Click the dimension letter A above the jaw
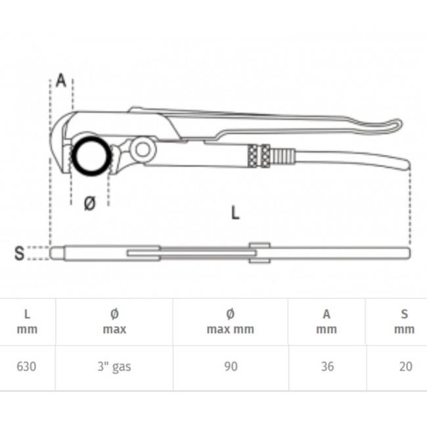pos(61,81)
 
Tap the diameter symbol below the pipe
pos(90,203)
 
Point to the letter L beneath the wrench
pos(235,213)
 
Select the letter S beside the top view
pos(19,253)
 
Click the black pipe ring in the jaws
pos(91,156)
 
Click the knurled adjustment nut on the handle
pos(259,156)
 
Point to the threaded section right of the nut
pos(283,156)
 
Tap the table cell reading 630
pos(26,367)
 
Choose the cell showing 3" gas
pos(114,367)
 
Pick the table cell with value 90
pos(231,367)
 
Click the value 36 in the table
pos(327,367)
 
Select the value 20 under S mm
pos(406,367)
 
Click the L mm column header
pos(27,322)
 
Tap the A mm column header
pos(326,322)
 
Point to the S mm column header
pos(405,322)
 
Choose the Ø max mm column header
pos(231,322)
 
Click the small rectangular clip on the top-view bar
pos(259,253)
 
